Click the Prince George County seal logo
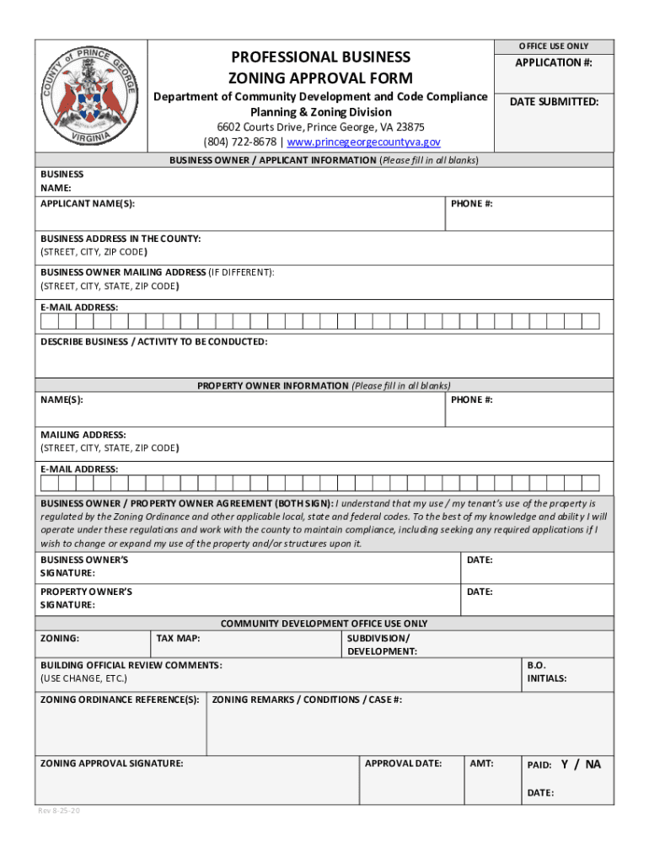coord(92,96)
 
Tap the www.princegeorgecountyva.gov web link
coord(364,142)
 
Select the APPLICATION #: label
coord(554,63)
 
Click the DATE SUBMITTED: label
coord(554,102)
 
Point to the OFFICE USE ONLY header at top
coord(554,46)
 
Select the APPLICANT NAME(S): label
coord(88,204)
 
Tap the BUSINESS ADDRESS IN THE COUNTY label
coord(121,239)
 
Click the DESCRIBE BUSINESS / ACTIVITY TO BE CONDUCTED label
coord(154,341)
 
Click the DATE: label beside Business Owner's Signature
coord(480,560)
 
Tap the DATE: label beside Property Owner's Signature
coord(480,592)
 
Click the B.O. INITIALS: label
coord(546,672)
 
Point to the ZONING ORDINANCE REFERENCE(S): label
coord(121,700)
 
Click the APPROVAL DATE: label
coord(403,764)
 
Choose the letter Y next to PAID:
coord(565,764)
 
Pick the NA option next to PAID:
coord(593,764)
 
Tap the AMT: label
coord(481,764)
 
